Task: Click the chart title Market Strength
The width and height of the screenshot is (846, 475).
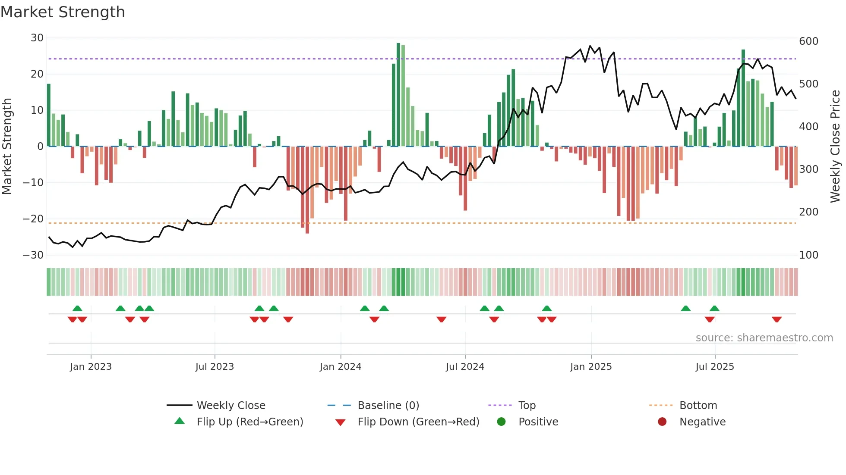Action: coord(63,12)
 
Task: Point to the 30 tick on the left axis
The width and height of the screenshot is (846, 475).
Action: coord(37,38)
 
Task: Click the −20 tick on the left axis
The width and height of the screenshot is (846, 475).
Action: coord(34,219)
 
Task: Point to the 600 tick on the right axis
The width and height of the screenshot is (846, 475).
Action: coord(808,41)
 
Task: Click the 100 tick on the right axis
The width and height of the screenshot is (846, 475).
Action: coord(808,255)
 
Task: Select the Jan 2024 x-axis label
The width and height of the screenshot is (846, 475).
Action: coord(341,367)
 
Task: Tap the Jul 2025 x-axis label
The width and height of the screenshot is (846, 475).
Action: coord(714,367)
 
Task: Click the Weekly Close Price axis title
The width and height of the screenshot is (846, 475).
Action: coord(835,146)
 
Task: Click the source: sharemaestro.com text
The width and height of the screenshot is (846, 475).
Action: coord(764,338)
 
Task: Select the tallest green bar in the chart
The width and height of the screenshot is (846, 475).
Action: coord(398,95)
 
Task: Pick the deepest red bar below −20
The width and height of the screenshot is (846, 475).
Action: coord(307,190)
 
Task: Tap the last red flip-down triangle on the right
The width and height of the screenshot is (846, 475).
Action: coord(777,319)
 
